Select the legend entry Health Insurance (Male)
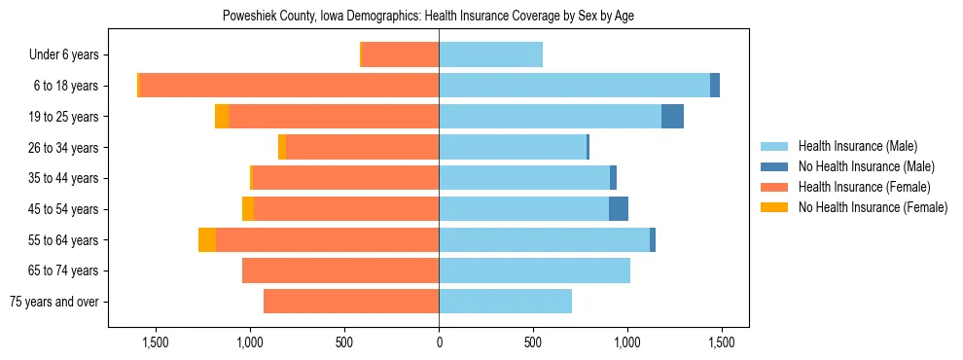click(857, 146)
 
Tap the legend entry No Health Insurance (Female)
click(873, 207)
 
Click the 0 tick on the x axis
click(439, 342)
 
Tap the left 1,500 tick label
click(156, 342)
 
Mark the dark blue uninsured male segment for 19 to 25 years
click(672, 117)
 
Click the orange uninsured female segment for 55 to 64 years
click(207, 240)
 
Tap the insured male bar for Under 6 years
click(490, 55)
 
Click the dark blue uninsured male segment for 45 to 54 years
click(619, 209)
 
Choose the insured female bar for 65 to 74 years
click(340, 270)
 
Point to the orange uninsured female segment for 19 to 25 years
click(222, 117)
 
